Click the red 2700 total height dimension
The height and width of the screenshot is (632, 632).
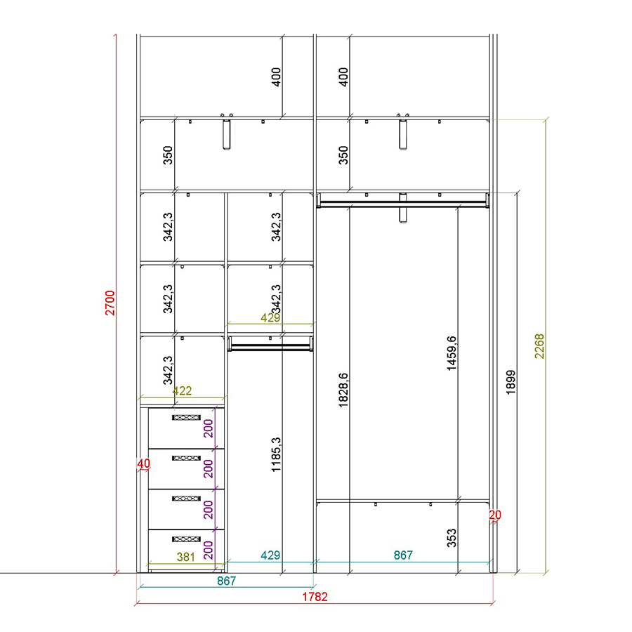click(x=110, y=303)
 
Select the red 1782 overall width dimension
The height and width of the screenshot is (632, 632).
click(x=315, y=596)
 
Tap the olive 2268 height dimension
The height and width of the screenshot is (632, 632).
click(x=539, y=346)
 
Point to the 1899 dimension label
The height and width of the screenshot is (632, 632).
click(x=511, y=382)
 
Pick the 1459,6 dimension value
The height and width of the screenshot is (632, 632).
click(x=452, y=353)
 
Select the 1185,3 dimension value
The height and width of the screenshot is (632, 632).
click(x=276, y=454)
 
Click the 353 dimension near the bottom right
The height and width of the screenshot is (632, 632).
click(x=452, y=538)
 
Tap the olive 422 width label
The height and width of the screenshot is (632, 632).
click(x=182, y=390)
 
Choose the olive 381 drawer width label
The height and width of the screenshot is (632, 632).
click(x=186, y=557)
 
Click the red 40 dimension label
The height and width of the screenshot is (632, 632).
click(x=143, y=463)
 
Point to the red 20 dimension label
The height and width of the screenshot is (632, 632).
click(x=495, y=515)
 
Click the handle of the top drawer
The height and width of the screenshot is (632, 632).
click(x=186, y=418)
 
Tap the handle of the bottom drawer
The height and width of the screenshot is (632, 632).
click(x=186, y=539)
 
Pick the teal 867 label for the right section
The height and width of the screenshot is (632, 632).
click(x=403, y=555)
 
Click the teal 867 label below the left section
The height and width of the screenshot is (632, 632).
click(x=226, y=581)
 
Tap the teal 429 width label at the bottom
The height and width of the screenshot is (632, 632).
click(x=270, y=555)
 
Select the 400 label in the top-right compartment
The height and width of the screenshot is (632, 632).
click(x=343, y=77)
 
